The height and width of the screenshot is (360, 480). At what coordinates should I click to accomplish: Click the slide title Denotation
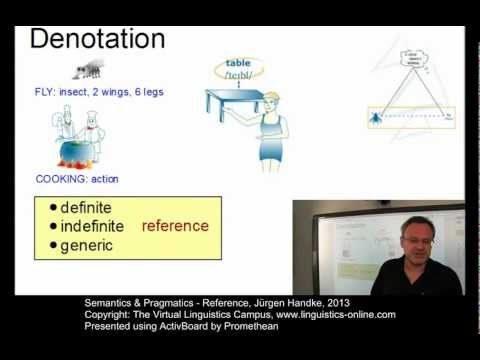[97, 39]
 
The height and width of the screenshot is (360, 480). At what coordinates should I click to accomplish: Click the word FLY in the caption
[45, 92]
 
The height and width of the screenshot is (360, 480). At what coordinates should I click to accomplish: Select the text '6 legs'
[148, 92]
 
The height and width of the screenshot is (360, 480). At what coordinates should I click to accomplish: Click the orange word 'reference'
[175, 225]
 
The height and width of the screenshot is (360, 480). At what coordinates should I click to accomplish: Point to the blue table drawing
[233, 101]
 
